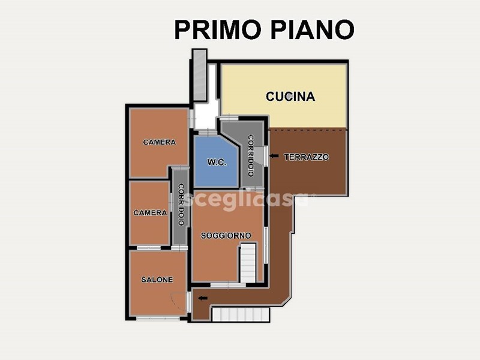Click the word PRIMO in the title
218,29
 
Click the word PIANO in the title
313,29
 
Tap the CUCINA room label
290,97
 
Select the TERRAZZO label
307,157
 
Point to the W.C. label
217,162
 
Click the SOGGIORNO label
226,235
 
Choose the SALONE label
157,280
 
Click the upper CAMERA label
160,142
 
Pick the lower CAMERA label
150,212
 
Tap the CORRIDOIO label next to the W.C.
251,156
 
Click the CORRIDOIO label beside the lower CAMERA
181,205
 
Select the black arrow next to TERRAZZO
274,156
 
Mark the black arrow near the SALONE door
203,298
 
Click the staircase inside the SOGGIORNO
248,263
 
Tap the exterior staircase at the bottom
241,314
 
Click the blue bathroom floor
215,161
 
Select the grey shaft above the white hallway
200,74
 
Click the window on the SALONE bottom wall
158,319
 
